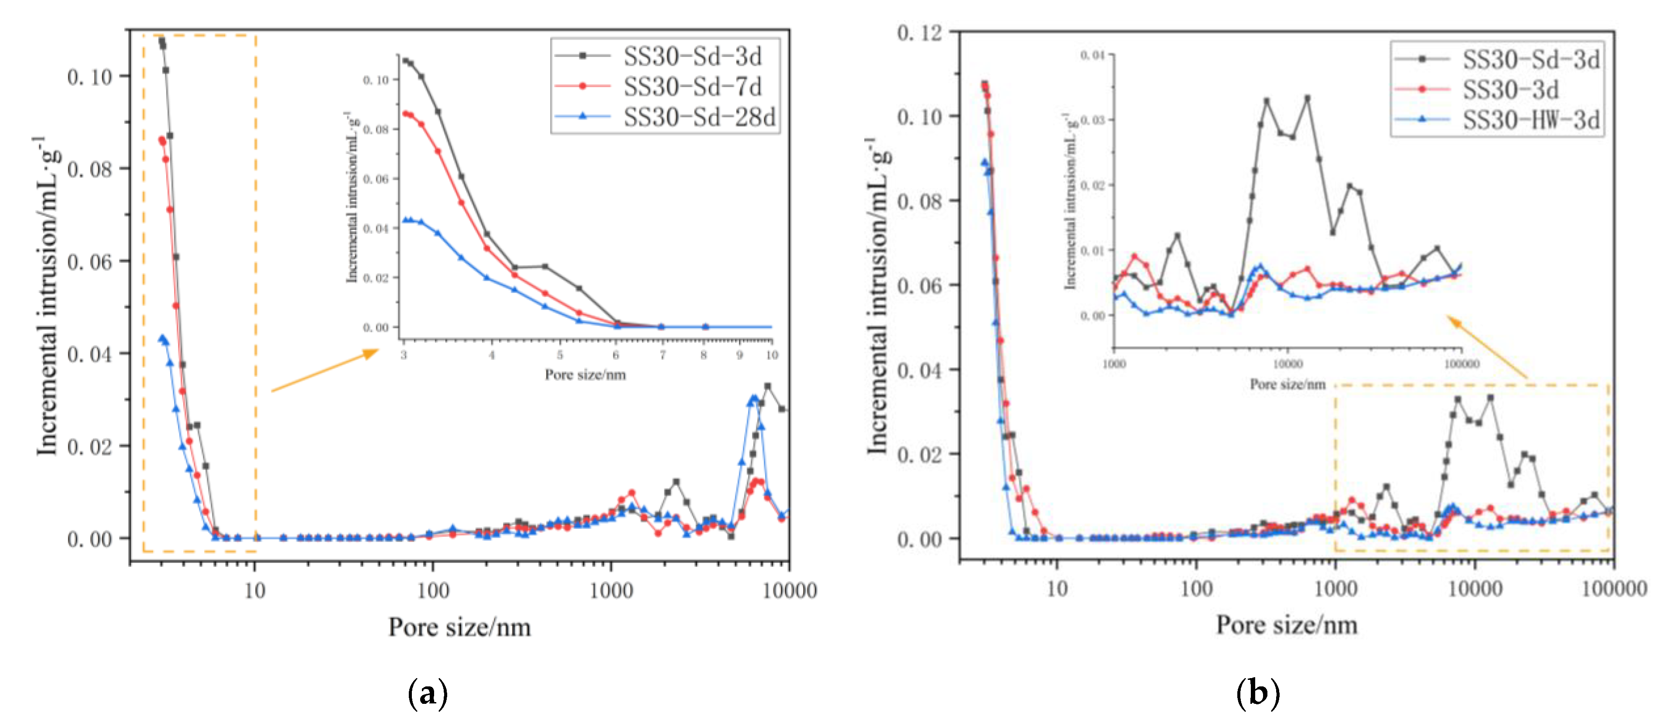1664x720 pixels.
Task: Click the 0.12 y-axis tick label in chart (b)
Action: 918,32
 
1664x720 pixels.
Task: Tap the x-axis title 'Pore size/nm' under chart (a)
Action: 459,627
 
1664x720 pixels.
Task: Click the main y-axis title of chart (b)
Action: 879,297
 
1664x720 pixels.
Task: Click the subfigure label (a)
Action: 428,693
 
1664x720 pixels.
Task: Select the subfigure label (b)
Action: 1257,693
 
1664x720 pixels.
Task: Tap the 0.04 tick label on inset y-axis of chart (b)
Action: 1092,55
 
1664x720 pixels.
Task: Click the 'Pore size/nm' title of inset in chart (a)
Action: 585,375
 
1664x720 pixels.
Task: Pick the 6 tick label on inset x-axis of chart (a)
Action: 616,355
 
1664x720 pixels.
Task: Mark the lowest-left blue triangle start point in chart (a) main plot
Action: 162,338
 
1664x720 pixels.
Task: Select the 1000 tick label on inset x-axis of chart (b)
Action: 1114,364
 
